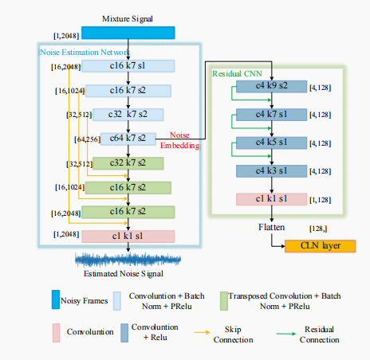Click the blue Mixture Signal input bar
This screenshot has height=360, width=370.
pyautogui.click(x=128, y=33)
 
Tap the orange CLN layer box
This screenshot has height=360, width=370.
pyautogui.click(x=319, y=245)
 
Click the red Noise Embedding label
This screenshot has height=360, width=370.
pyautogui.click(x=182, y=140)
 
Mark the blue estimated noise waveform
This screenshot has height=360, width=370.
pyautogui.click(x=128, y=260)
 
